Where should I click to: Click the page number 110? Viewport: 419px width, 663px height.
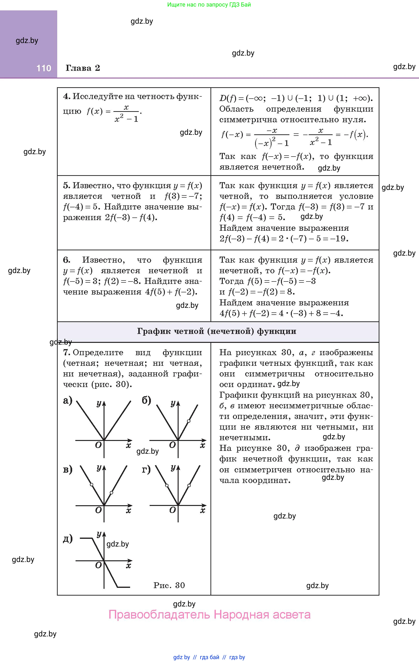coord(44,68)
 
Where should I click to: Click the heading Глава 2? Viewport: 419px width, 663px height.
coord(83,68)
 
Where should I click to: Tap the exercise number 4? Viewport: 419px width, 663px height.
coord(67,96)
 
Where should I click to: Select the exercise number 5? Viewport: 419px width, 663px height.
coord(67,186)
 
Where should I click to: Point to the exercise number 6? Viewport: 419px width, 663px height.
coord(67,260)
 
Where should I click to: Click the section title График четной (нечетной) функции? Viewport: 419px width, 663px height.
coord(216,331)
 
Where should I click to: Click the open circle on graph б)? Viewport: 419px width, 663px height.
coord(189,421)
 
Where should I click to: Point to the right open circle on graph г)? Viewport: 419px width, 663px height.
coord(189,485)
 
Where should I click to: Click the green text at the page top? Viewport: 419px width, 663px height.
coord(209,4)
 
